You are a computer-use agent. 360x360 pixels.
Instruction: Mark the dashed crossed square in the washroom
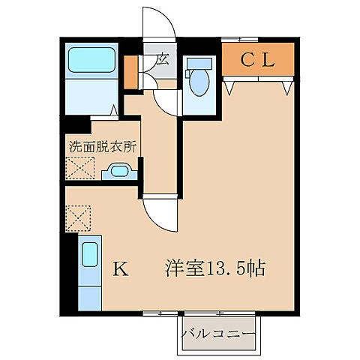click(x=78, y=169)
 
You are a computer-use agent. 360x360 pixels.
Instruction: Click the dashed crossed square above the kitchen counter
click(x=78, y=219)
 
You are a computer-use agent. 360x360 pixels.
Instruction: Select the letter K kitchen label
click(x=119, y=268)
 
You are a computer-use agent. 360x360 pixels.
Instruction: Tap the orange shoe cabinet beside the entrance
click(x=130, y=71)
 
